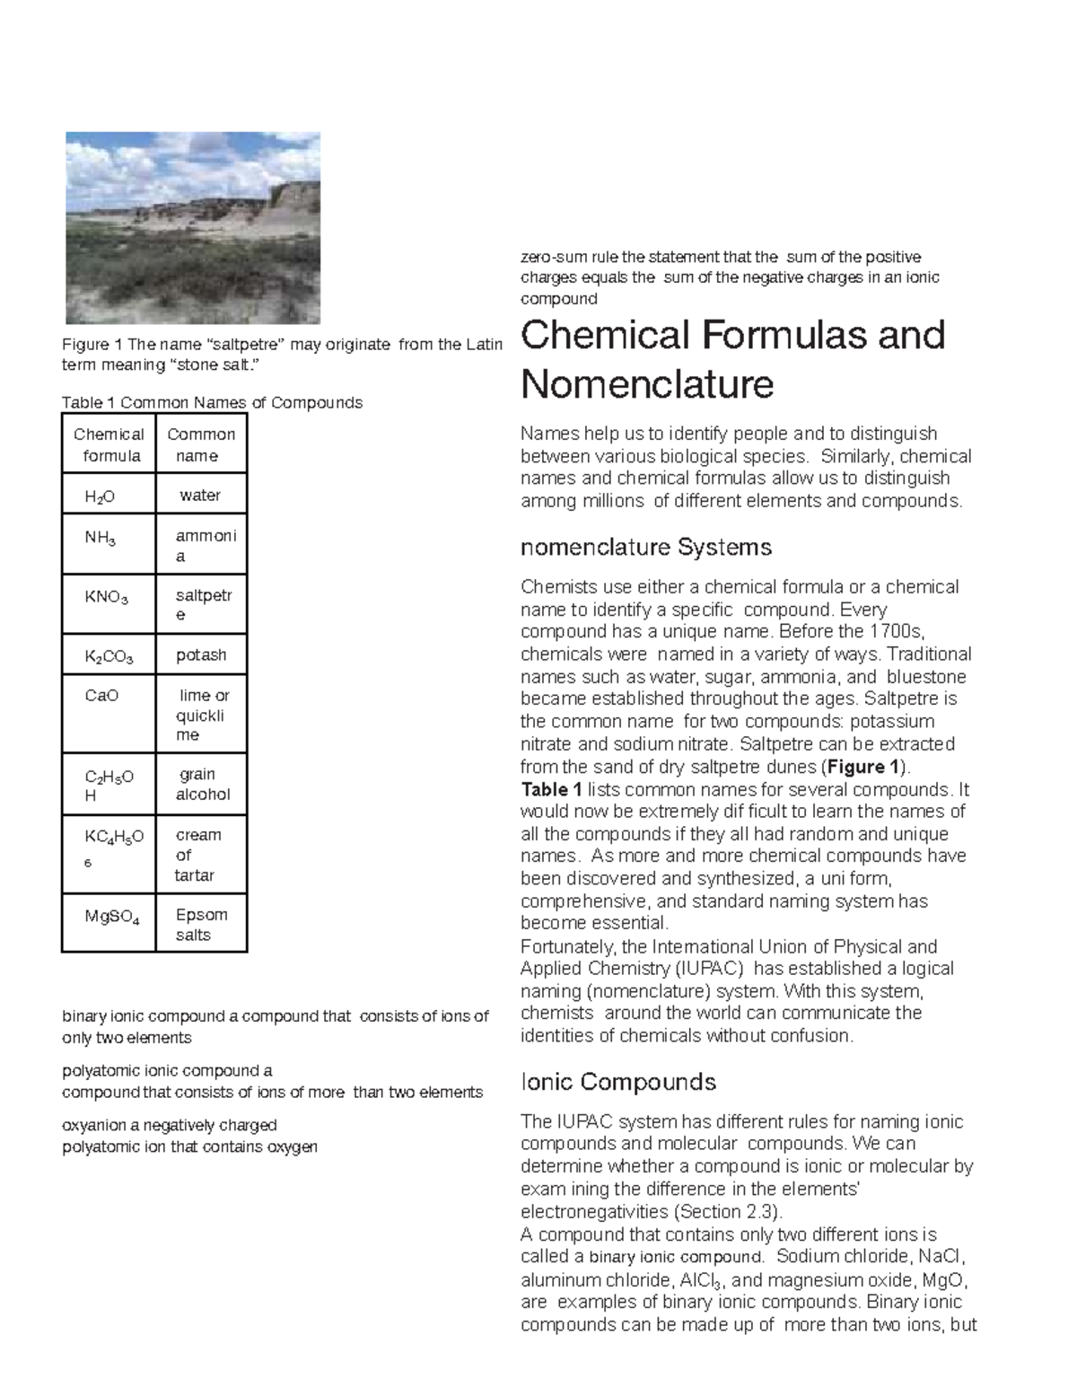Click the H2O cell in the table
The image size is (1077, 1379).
click(x=101, y=496)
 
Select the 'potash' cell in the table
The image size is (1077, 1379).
click(x=200, y=655)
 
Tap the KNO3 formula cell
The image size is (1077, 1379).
click(x=106, y=597)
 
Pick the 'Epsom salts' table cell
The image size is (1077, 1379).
click(x=201, y=925)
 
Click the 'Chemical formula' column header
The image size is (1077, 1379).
click(x=109, y=444)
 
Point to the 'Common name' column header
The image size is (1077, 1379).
click(x=201, y=444)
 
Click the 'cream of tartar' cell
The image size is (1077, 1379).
click(x=197, y=855)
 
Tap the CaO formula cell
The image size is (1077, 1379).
click(x=101, y=696)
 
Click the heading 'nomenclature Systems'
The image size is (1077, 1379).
click(x=646, y=547)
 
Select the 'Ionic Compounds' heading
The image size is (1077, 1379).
click(x=618, y=1082)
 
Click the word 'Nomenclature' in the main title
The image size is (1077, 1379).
click(x=647, y=384)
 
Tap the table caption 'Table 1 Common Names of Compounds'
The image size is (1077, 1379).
click(x=212, y=402)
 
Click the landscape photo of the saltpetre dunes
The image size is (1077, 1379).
click(x=193, y=228)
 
